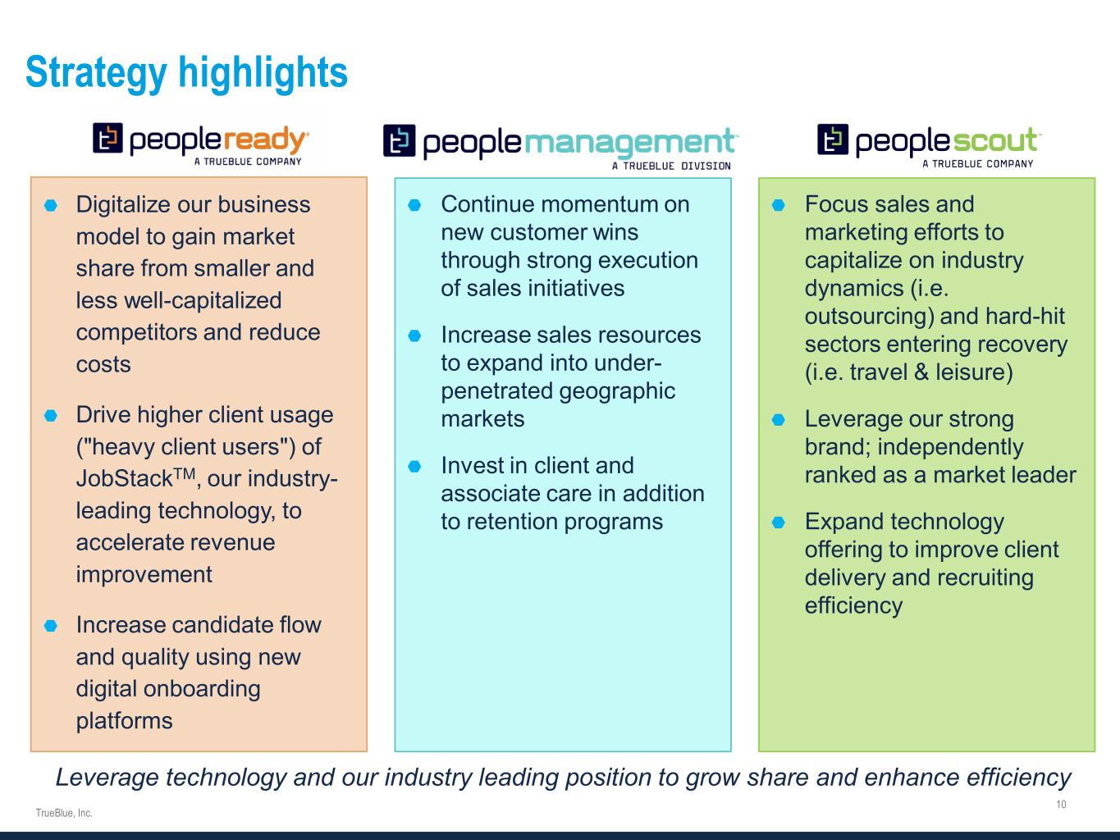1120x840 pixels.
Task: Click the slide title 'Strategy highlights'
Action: (187, 73)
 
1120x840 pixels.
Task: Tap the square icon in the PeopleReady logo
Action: (107, 138)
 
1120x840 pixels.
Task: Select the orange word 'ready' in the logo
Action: (265, 140)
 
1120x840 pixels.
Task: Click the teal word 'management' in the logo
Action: (629, 143)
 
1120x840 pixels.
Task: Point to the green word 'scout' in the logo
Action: (994, 141)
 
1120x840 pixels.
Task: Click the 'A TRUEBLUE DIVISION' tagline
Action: (671, 166)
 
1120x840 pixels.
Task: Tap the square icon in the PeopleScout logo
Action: (833, 139)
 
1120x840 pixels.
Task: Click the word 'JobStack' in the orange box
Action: (125, 478)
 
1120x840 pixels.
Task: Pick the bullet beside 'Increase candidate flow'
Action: (51, 625)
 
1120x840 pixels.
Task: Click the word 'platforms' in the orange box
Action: (125, 721)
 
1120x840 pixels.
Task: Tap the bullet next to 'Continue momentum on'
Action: (414, 205)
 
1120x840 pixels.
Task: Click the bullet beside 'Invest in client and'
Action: (414, 466)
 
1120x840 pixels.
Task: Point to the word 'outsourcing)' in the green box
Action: (869, 317)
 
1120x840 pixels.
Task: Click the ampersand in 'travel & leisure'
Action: (921, 372)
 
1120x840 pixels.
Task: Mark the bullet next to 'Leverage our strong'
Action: (778, 420)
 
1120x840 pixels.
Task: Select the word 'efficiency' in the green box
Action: (853, 605)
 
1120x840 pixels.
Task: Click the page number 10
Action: (1061, 804)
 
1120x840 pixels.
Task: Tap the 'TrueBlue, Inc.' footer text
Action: (64, 813)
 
